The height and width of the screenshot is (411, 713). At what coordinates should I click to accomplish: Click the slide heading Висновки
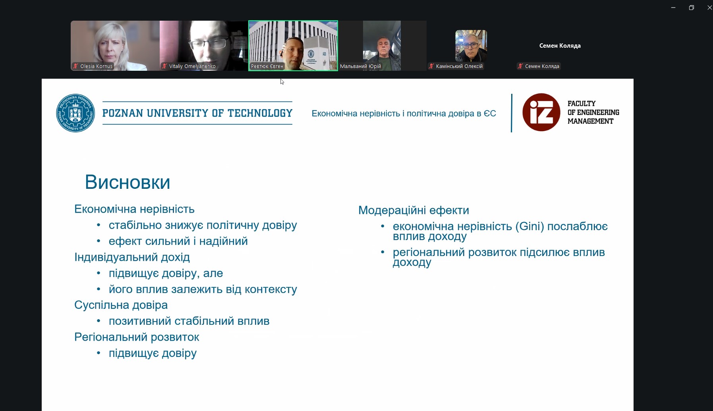tap(128, 182)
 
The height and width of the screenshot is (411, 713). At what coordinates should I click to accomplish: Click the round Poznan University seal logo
tap(75, 113)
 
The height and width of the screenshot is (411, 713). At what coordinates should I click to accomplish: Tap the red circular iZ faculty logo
tap(541, 112)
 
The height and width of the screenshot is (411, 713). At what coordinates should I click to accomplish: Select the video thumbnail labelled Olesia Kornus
tap(115, 46)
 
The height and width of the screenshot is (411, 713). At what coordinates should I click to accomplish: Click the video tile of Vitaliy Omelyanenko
tap(204, 46)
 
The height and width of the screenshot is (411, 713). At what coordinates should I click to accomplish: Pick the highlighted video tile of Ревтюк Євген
tap(293, 46)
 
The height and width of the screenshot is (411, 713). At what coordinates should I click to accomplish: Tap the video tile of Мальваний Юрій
tap(382, 46)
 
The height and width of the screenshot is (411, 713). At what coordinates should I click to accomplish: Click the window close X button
tap(709, 8)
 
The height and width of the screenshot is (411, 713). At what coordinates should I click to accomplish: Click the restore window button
tap(692, 8)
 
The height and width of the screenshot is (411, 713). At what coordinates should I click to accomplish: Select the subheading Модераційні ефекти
tap(414, 210)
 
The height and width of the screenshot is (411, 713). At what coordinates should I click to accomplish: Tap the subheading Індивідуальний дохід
tap(132, 258)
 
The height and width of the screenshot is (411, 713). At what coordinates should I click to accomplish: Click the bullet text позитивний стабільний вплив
tap(189, 321)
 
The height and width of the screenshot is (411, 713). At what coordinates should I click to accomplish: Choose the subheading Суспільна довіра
tap(121, 305)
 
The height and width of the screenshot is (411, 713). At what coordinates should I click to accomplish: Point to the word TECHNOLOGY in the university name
tap(260, 113)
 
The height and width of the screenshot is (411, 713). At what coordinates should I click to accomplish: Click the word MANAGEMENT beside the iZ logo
tap(590, 121)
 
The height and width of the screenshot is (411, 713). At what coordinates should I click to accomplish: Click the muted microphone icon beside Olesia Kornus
tap(75, 66)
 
